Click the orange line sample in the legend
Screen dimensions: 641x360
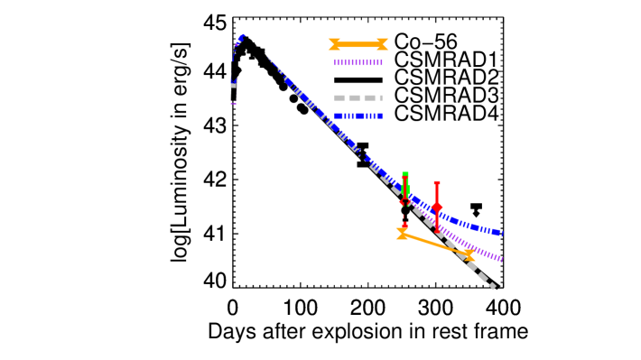coord(358,44)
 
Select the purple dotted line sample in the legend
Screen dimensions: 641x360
coord(358,63)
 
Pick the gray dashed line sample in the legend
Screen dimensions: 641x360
coord(358,97)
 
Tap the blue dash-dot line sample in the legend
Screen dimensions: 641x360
coord(358,115)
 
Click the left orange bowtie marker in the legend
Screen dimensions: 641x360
coord(334,44)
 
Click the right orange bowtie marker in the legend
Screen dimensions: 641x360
coord(383,44)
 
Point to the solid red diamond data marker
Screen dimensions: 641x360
coord(437,207)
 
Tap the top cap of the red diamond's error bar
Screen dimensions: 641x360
coord(437,183)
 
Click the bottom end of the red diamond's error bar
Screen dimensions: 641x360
coord(437,229)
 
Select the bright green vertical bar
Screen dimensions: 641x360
coord(405,185)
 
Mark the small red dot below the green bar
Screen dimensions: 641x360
coord(404,225)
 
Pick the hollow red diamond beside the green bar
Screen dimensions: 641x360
coord(403,202)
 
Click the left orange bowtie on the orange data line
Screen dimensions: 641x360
coord(402,234)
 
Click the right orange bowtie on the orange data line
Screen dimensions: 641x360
coord(469,255)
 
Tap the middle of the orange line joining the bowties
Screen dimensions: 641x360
coord(435,245)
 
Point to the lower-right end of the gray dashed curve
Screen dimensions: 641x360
coord(493,287)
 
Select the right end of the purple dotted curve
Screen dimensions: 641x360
coord(501,260)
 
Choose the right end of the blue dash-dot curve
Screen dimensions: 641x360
coord(501,234)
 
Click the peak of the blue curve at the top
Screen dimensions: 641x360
coord(243,37)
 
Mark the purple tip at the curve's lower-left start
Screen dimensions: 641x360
coord(234,104)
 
